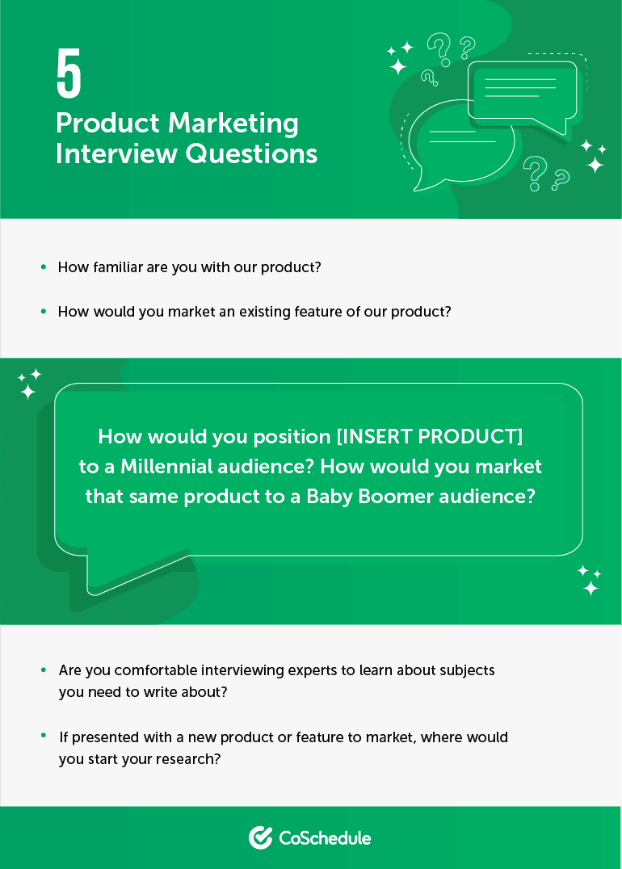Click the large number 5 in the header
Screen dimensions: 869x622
69,73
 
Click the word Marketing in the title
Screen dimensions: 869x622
233,124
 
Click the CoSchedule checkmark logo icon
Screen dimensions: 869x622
260,838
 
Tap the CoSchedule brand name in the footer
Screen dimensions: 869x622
325,838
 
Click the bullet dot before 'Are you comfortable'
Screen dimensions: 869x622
43,670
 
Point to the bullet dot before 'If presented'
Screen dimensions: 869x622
43,737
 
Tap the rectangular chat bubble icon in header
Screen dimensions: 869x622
522,89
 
